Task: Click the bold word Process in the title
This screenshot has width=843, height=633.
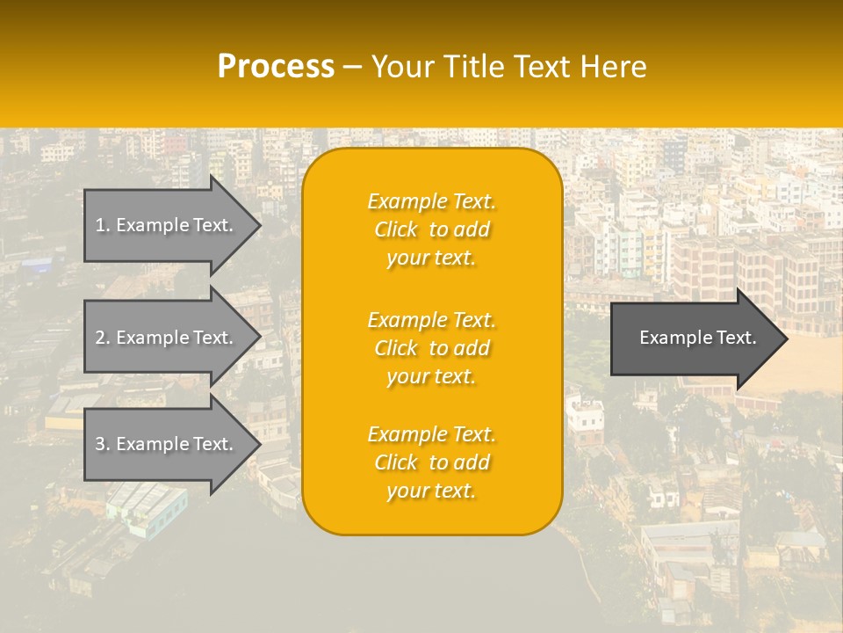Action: (276, 67)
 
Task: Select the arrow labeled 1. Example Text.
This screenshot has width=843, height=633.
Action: (167, 225)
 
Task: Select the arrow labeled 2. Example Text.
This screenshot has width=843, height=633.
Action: (167, 338)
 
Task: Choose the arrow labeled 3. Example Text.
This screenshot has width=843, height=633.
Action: (167, 444)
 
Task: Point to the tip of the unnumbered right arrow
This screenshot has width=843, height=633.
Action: (786, 338)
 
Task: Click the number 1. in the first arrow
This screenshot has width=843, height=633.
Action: (102, 225)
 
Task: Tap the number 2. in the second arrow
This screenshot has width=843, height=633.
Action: (102, 338)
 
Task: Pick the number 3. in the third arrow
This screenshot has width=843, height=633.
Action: (102, 444)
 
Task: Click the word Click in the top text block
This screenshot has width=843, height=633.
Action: (396, 229)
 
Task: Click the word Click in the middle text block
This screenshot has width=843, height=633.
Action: (396, 348)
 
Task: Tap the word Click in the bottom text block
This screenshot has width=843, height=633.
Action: (396, 462)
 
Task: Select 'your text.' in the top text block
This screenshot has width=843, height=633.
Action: (431, 258)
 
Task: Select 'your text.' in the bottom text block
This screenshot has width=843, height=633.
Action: (431, 491)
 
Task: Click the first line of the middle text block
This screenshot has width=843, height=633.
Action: (431, 320)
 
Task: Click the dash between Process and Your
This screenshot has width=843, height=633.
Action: (352, 68)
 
